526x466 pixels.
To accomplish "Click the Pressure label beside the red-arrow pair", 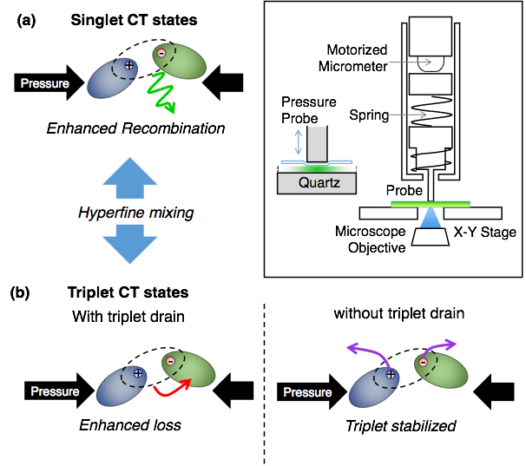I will (x=55, y=391).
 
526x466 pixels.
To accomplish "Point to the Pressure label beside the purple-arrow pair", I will (x=307, y=392).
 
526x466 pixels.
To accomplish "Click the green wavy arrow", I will (x=163, y=92).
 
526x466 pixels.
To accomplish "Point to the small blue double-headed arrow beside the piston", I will (x=298, y=142).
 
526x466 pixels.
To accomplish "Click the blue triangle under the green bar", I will (x=431, y=218).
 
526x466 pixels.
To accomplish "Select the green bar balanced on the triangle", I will (x=431, y=204).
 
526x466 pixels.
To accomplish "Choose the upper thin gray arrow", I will (x=410, y=62).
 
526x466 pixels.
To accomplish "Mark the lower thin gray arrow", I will (x=408, y=115).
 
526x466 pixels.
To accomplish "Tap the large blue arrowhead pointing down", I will (x=130, y=249).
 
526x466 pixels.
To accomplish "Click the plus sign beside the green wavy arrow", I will (x=128, y=65).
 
